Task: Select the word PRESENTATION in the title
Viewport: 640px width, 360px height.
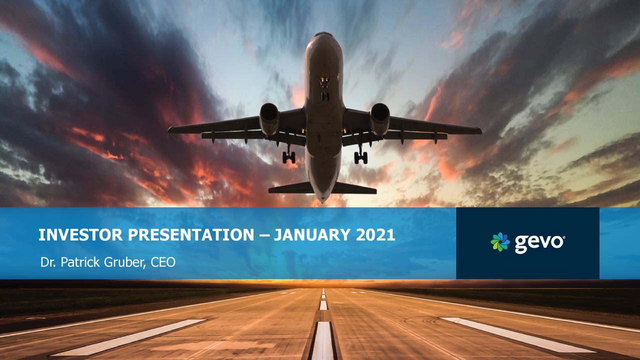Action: (191, 235)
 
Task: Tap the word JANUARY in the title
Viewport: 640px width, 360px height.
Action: (311, 235)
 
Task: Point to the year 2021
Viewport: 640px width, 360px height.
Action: (375, 235)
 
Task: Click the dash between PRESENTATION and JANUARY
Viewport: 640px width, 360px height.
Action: (264, 235)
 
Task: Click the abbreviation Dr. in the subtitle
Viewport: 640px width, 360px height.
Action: (48, 262)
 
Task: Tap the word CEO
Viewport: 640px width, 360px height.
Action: (163, 262)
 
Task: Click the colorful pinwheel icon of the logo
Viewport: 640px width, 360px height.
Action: (500, 242)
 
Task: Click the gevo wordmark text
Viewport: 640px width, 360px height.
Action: (538, 243)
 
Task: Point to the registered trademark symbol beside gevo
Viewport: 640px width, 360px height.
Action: (563, 237)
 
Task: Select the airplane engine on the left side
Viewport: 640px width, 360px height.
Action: (269, 118)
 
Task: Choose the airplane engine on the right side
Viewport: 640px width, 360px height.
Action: (380, 118)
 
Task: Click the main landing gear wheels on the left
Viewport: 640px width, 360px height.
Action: (289, 157)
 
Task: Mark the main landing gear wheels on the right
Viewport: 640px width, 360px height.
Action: (361, 157)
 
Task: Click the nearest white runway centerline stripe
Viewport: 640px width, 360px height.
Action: (323, 340)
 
